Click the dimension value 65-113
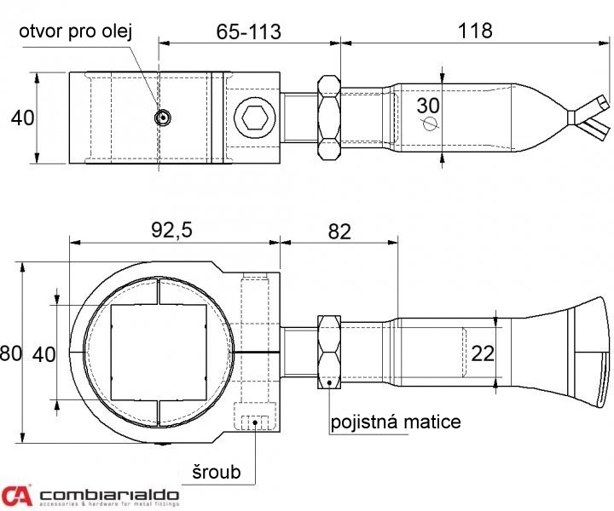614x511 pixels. tap(249, 32)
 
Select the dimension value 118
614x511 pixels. tap(475, 30)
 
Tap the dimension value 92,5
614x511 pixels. tap(171, 230)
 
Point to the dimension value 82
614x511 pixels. tap(339, 232)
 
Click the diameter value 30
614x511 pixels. tap(428, 106)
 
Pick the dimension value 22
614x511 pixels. tap(483, 353)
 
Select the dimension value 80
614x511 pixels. tap(10, 353)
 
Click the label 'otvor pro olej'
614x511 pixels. tap(76, 31)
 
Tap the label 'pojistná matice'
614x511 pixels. tap(396, 422)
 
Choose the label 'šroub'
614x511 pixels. tap(216, 472)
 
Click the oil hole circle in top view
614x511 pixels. tap(162, 117)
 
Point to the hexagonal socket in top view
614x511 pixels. tap(254, 118)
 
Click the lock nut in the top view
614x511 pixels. tap(329, 118)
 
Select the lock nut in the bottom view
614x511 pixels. tap(329, 353)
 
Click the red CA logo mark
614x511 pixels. tap(16, 496)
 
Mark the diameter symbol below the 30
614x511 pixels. tap(429, 123)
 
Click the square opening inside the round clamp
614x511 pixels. tap(159, 352)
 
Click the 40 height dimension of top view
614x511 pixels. tap(23, 118)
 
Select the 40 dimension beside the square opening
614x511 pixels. tap(43, 354)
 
